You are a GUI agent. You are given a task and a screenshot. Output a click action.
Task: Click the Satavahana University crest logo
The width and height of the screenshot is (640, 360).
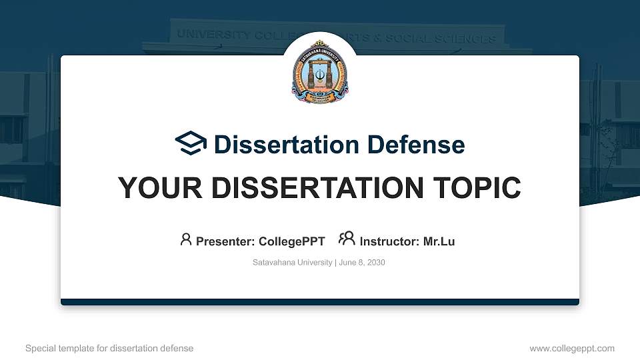tap(320, 72)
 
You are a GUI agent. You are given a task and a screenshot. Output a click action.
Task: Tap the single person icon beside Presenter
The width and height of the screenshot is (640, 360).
tap(186, 239)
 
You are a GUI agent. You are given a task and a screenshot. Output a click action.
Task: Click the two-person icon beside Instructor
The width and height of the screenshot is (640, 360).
tap(347, 239)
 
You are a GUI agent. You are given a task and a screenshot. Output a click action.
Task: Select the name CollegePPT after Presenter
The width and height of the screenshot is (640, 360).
tap(293, 241)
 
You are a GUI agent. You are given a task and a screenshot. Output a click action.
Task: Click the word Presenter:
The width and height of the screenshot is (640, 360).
tap(225, 241)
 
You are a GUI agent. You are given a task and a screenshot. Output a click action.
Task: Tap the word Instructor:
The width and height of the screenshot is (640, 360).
tap(389, 241)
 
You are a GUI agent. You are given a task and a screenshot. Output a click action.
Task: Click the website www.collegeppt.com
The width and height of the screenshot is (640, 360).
tap(572, 348)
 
